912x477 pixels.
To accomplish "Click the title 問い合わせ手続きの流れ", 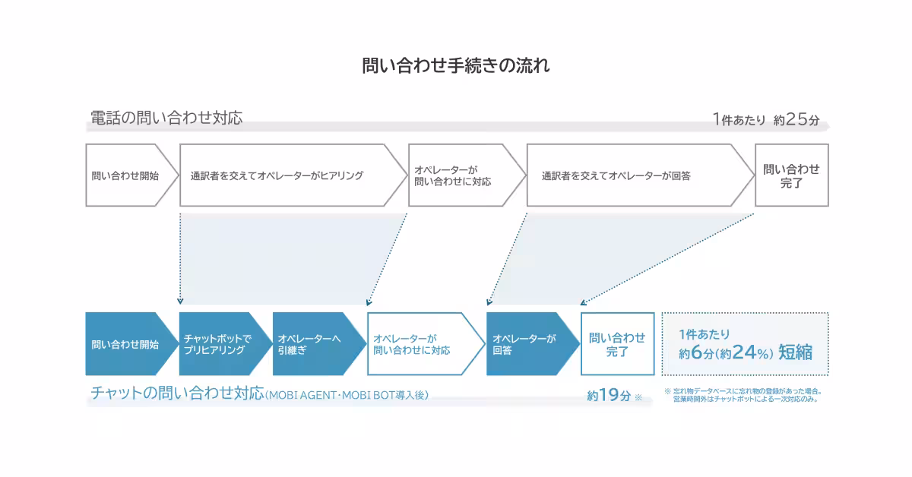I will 456,65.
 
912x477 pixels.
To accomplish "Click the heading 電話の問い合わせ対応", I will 166,118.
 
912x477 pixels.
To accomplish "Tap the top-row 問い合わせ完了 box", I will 791,175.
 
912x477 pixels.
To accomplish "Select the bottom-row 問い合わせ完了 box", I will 617,344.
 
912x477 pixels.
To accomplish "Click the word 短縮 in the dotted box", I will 795,352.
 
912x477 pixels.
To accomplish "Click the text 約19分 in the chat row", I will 609,396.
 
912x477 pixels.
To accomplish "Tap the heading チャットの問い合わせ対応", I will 177,393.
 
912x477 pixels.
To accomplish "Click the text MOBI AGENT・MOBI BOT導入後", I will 347,396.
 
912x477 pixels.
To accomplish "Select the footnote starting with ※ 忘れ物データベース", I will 743,395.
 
